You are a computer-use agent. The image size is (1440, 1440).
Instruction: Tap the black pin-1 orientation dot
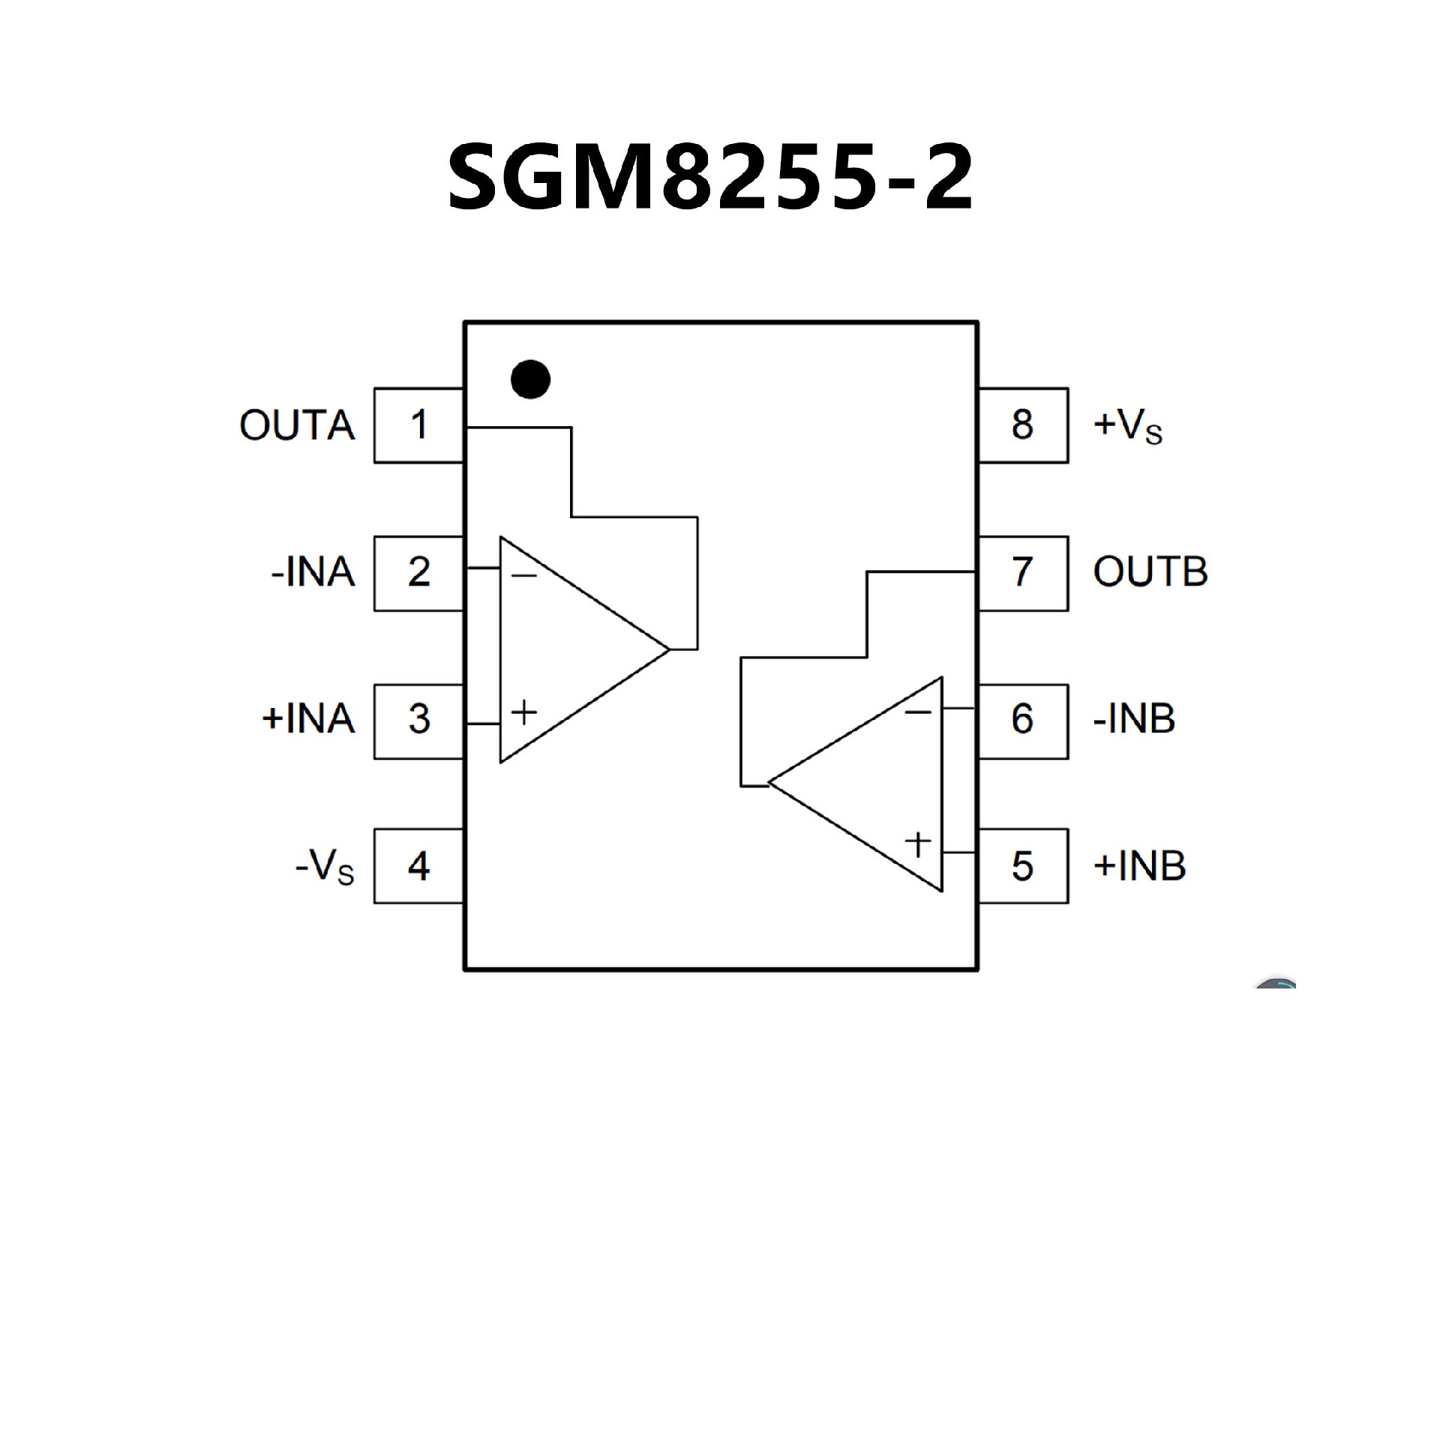tap(530, 379)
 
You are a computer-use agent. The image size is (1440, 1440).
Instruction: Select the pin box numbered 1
tap(418, 425)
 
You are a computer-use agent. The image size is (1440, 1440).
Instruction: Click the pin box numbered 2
tap(418, 573)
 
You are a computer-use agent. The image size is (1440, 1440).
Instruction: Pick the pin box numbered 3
tap(418, 721)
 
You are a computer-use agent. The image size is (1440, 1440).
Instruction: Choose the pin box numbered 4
tap(418, 866)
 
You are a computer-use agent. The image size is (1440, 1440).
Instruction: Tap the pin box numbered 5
tap(1023, 866)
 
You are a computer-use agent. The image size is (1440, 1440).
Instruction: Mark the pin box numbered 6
tap(1023, 721)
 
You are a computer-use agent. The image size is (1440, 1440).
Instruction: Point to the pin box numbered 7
tap(1023, 573)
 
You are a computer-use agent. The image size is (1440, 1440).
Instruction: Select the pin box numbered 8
tap(1023, 425)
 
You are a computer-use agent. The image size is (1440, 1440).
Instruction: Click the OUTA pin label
tap(297, 426)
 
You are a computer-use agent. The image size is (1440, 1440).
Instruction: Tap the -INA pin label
tap(313, 573)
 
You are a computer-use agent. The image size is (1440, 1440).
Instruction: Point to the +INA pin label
tap(308, 719)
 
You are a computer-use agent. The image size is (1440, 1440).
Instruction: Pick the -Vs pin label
tap(324, 868)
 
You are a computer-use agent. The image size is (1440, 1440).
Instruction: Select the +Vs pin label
tap(1127, 426)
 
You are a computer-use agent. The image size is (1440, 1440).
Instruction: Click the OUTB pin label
tap(1150, 573)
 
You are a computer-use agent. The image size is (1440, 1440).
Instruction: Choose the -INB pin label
tap(1134, 719)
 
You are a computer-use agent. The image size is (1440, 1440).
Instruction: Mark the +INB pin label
tap(1139, 866)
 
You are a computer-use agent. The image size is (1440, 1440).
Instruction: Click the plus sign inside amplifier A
tap(524, 712)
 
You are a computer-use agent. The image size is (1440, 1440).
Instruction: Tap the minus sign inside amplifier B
tap(918, 710)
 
